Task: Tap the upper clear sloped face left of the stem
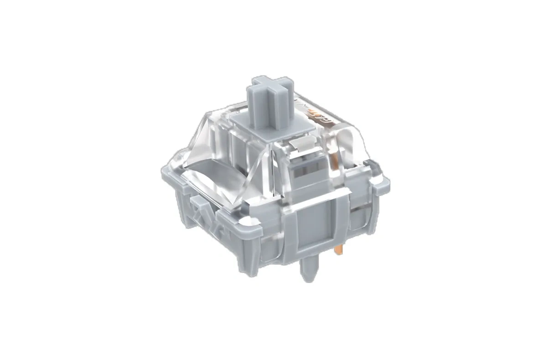click(x=210, y=132)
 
